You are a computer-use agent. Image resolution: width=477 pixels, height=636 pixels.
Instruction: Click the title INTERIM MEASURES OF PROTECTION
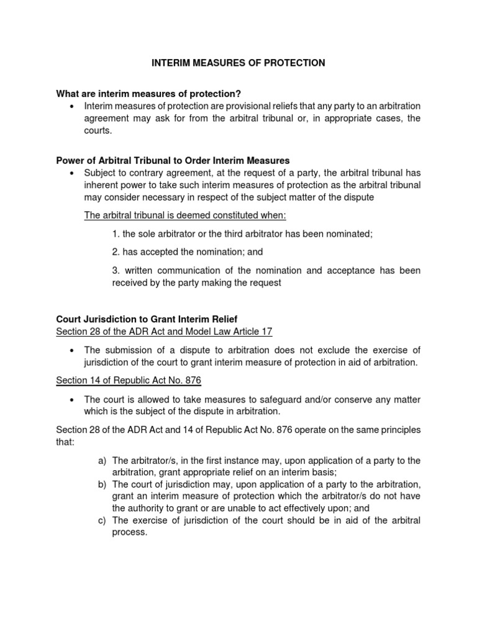tap(239, 63)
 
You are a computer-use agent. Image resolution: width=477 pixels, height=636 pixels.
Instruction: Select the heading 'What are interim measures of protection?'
tap(148, 94)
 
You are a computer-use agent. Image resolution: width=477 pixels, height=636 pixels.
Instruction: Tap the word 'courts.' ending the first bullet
tap(98, 131)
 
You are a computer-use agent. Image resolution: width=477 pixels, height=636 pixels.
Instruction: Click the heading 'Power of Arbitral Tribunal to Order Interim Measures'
tap(173, 161)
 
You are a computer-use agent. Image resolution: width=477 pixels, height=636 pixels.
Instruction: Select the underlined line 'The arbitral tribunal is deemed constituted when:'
tap(184, 215)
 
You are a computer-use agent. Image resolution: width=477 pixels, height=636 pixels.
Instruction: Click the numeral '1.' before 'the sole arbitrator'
tap(116, 234)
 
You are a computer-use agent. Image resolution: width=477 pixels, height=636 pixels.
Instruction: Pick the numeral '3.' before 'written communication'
tap(116, 270)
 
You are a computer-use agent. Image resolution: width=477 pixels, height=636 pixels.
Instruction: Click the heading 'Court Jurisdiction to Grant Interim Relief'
tap(147, 319)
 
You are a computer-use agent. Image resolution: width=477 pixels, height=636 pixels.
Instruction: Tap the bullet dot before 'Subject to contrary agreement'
tap(73, 173)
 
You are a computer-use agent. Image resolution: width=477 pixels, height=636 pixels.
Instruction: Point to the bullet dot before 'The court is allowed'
tap(73, 399)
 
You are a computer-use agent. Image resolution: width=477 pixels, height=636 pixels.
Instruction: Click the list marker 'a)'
tap(102, 460)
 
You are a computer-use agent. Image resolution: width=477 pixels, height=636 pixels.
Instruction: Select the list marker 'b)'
tap(102, 484)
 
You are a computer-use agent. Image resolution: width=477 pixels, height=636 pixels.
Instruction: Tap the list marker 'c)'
tap(102, 520)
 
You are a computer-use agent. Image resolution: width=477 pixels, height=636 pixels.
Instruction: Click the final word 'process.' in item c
tap(129, 532)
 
